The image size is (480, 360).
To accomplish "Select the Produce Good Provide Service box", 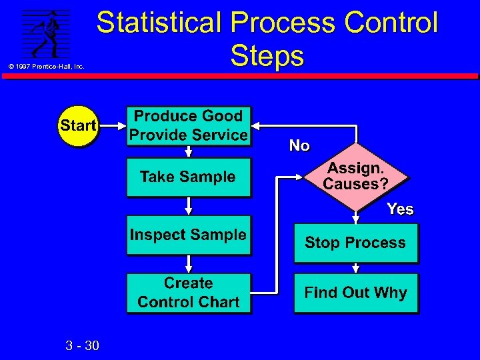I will pyautogui.click(x=188, y=125).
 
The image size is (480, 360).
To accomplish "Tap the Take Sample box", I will pyautogui.click(x=188, y=177).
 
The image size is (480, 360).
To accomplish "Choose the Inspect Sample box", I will pyautogui.click(x=188, y=235).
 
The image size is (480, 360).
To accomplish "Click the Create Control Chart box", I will pyautogui.click(x=188, y=293).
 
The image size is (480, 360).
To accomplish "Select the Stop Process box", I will pyautogui.click(x=355, y=243).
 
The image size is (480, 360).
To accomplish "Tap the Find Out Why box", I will pyautogui.click(x=355, y=293).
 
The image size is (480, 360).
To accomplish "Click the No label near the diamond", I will pyautogui.click(x=299, y=145).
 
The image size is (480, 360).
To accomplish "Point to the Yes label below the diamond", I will pyautogui.click(x=400, y=209).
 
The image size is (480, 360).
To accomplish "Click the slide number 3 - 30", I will pyautogui.click(x=83, y=345).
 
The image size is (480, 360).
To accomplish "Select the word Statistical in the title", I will pyautogui.click(x=159, y=23).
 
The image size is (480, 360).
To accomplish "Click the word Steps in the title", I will pyautogui.click(x=267, y=56).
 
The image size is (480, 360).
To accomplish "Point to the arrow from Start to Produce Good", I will pyautogui.click(x=112, y=125).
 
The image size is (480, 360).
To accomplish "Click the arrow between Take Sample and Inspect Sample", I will pyautogui.click(x=189, y=206).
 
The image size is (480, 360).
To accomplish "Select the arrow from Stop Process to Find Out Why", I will pyautogui.click(x=356, y=267).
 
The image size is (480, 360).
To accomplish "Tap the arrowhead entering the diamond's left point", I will pyautogui.click(x=299, y=177).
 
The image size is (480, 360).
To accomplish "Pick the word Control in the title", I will pyautogui.click(x=391, y=23).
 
